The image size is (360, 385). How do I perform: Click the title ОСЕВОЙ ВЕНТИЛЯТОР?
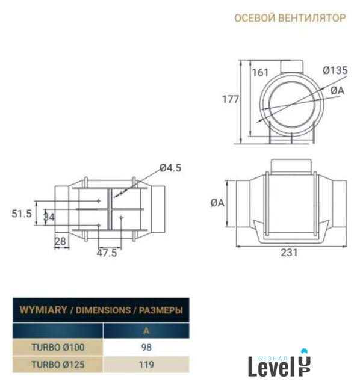coord(290,18)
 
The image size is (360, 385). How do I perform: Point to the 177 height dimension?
coord(230,99)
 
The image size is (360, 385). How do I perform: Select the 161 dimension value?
coord(261,72)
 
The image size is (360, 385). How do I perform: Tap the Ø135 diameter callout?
coord(335,70)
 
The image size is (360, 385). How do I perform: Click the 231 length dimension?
coord(289,253)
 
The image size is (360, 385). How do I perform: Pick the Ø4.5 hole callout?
coord(170,168)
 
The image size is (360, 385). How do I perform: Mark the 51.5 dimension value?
coord(22,214)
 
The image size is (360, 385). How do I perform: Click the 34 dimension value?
coord(49,217)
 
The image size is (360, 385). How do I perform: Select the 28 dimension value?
coord(60,242)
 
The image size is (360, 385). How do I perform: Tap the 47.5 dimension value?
coord(107,253)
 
